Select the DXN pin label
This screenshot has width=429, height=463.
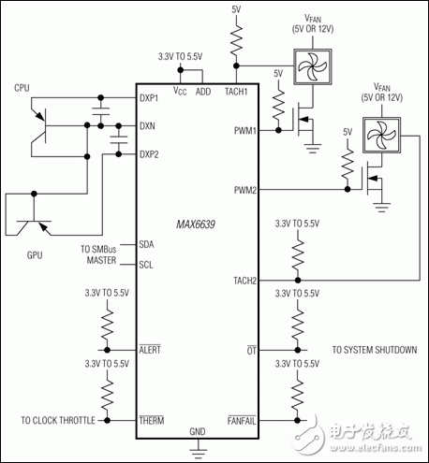click(x=148, y=123)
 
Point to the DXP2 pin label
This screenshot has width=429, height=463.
click(x=150, y=152)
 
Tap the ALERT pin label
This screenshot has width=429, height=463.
click(x=151, y=349)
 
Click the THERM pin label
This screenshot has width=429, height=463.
click(x=151, y=420)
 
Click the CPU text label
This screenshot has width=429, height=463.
click(x=22, y=87)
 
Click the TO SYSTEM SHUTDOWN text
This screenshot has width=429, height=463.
click(x=376, y=350)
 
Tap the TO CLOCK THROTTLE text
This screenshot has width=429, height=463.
click(x=56, y=421)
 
